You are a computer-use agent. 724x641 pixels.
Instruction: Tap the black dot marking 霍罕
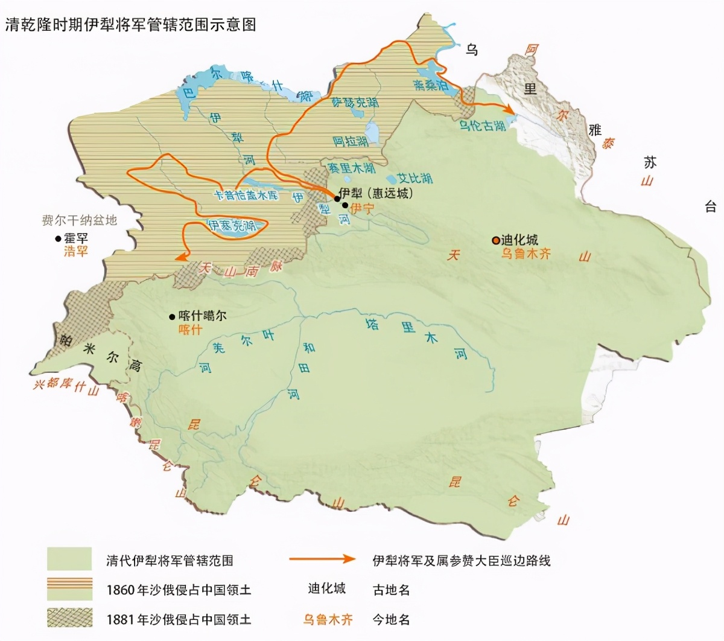click(x=58, y=238)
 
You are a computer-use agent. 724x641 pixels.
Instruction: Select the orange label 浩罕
click(x=76, y=252)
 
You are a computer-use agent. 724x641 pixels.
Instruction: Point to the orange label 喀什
click(x=190, y=330)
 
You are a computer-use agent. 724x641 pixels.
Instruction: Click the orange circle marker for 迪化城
click(x=495, y=240)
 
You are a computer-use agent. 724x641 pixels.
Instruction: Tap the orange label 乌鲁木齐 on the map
click(x=526, y=254)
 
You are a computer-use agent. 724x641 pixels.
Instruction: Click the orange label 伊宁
click(x=362, y=208)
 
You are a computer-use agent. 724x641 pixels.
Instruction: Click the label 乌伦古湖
click(x=483, y=126)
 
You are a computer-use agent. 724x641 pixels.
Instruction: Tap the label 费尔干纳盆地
click(x=79, y=220)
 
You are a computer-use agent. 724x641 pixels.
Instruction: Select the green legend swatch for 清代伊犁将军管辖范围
click(x=69, y=560)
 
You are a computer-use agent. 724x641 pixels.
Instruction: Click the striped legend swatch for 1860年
click(x=69, y=589)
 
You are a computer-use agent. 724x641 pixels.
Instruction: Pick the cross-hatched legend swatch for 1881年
click(x=69, y=619)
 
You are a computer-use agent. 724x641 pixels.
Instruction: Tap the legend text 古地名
click(x=391, y=590)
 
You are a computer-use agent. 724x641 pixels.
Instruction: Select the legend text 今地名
click(x=391, y=619)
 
